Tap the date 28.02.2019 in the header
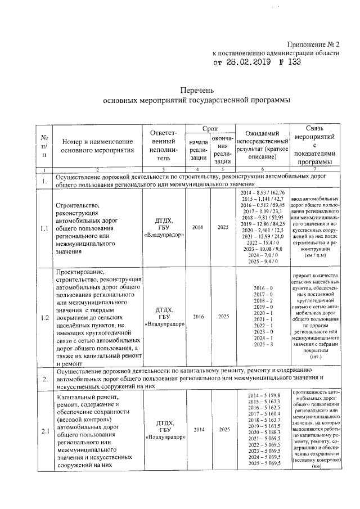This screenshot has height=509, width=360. click(x=245, y=62)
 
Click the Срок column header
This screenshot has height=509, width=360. click(x=210, y=129)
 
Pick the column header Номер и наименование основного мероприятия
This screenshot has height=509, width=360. click(x=97, y=146)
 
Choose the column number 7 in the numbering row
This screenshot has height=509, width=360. click(x=315, y=169)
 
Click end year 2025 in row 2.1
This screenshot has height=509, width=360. click(x=224, y=430)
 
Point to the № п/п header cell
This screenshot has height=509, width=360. click(x=44, y=146)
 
